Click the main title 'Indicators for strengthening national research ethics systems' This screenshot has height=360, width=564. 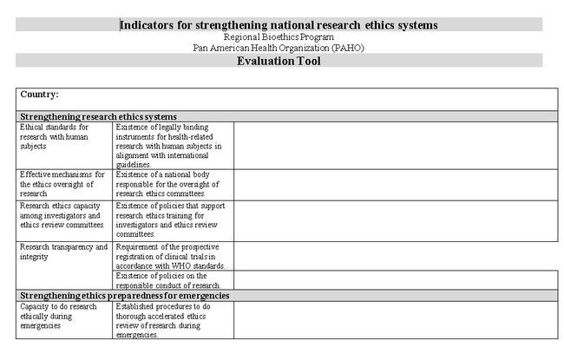(x=279, y=25)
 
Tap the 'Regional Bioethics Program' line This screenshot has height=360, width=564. (x=279, y=37)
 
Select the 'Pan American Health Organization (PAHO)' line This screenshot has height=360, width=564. (x=279, y=48)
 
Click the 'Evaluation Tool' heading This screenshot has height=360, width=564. (x=279, y=61)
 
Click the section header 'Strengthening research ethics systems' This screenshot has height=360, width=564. (x=99, y=116)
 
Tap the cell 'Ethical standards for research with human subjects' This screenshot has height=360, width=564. (x=56, y=136)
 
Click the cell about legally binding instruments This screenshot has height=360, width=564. (x=169, y=145)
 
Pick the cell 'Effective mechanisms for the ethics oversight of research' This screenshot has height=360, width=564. (x=62, y=183)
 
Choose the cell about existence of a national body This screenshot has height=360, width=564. (x=169, y=183)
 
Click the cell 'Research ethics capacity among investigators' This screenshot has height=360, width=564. (x=62, y=215)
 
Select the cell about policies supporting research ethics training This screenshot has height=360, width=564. (x=170, y=219)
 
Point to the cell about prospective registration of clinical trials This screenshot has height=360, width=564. (x=171, y=256)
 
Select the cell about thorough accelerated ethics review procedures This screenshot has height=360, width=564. (x=169, y=320)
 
